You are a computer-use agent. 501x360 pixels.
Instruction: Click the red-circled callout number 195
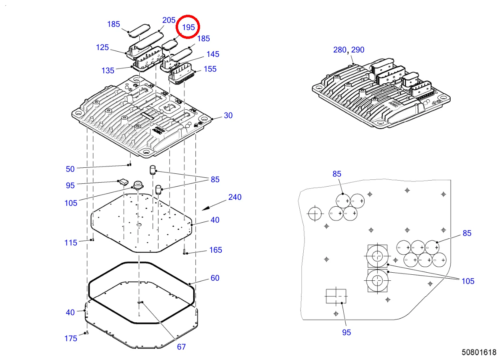point(188,27)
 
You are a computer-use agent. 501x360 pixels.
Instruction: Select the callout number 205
point(169,20)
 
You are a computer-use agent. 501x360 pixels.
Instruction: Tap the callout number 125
point(102,47)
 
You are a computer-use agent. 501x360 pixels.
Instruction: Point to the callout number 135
point(108,70)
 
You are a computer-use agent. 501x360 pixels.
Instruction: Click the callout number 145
point(212,54)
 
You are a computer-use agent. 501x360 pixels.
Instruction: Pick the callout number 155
point(210,69)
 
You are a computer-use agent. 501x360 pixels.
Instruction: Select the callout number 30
point(228,115)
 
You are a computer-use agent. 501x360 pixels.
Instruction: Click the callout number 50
point(70,169)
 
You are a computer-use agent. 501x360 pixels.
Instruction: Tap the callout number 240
point(234,197)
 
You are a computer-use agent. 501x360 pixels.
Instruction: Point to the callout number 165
point(216,250)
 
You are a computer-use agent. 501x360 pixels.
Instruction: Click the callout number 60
point(215,278)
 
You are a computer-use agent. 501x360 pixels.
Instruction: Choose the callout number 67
point(181,347)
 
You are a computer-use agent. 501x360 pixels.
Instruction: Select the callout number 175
point(71,338)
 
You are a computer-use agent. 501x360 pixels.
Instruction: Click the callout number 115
point(71,243)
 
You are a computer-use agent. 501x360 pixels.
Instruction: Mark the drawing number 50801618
point(479,352)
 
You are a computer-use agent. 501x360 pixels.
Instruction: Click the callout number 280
point(340,50)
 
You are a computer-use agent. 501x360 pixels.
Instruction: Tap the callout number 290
point(358,50)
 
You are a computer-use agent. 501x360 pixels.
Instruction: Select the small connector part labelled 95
point(124,182)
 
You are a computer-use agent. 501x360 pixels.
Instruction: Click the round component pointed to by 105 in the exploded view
point(138,185)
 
